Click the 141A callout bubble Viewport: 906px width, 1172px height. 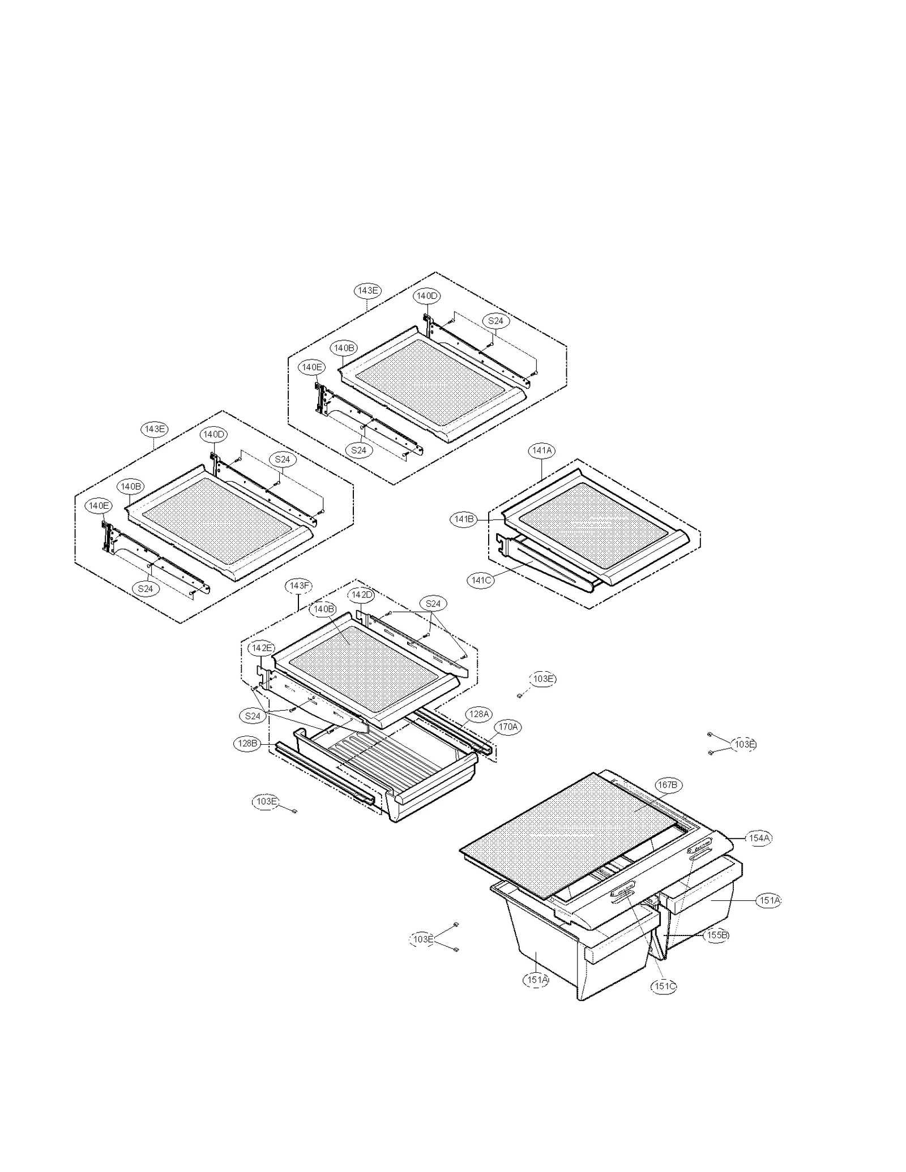(x=542, y=450)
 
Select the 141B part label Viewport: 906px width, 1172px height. (x=464, y=519)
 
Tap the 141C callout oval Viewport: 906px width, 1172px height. (x=481, y=580)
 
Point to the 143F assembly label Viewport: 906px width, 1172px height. (x=300, y=586)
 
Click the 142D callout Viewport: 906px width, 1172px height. (x=362, y=595)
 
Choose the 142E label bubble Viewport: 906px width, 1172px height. (x=262, y=648)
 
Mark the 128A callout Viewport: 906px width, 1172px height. (x=478, y=714)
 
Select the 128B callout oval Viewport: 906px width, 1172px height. (x=247, y=744)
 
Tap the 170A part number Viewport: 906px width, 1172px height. (x=507, y=727)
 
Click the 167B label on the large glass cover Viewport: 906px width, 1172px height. (x=667, y=785)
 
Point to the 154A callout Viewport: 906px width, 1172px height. (x=759, y=838)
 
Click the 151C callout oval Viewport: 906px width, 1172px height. (x=664, y=986)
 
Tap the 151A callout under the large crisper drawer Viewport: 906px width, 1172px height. (x=537, y=979)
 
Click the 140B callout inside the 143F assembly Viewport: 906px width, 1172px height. (x=324, y=609)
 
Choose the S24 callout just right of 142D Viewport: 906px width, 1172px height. (x=433, y=604)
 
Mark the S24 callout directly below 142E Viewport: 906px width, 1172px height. (x=253, y=716)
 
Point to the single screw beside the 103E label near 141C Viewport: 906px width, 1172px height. (x=519, y=696)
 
